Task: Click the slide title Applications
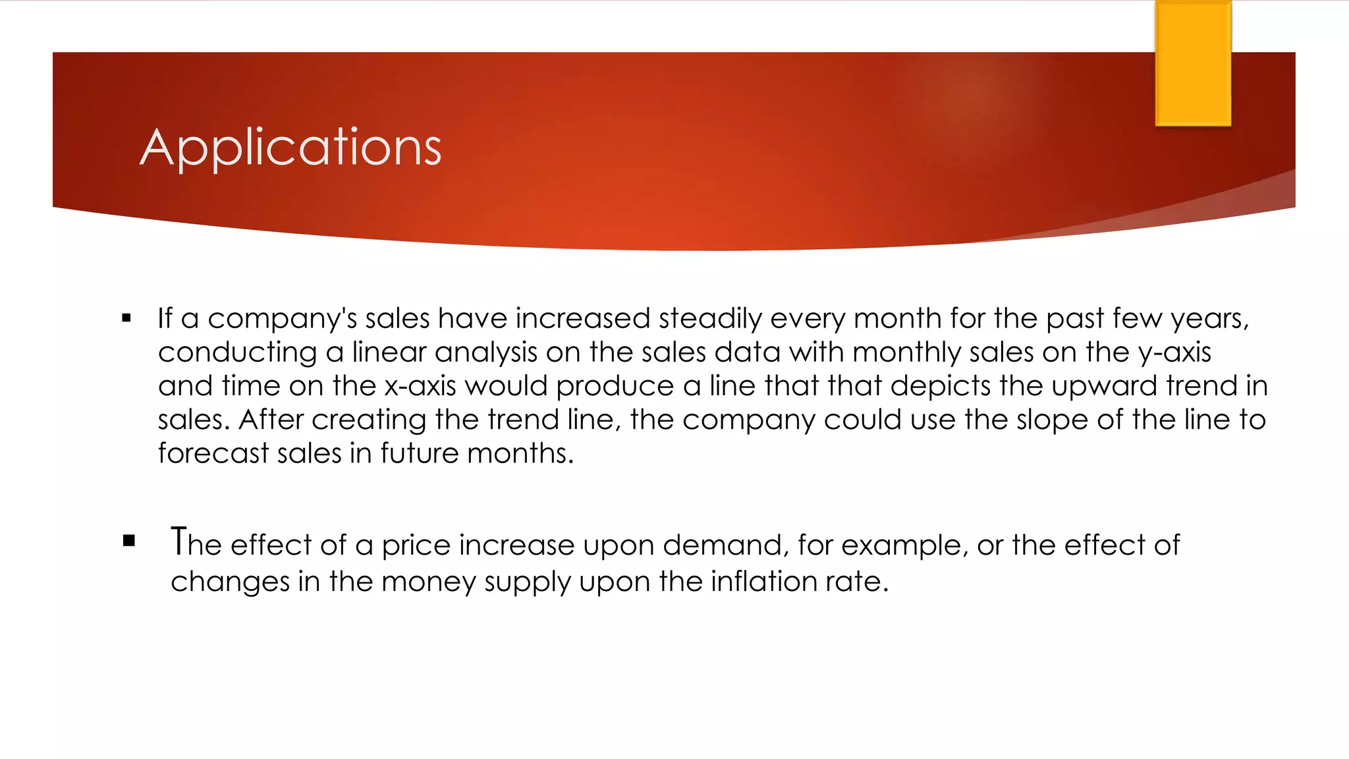coord(290,148)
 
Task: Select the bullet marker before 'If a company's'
coord(126,319)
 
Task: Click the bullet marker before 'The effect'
coord(129,542)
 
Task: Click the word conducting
coord(237,352)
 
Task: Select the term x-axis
coord(420,386)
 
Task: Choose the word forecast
coord(213,453)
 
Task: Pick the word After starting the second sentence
coord(271,420)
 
